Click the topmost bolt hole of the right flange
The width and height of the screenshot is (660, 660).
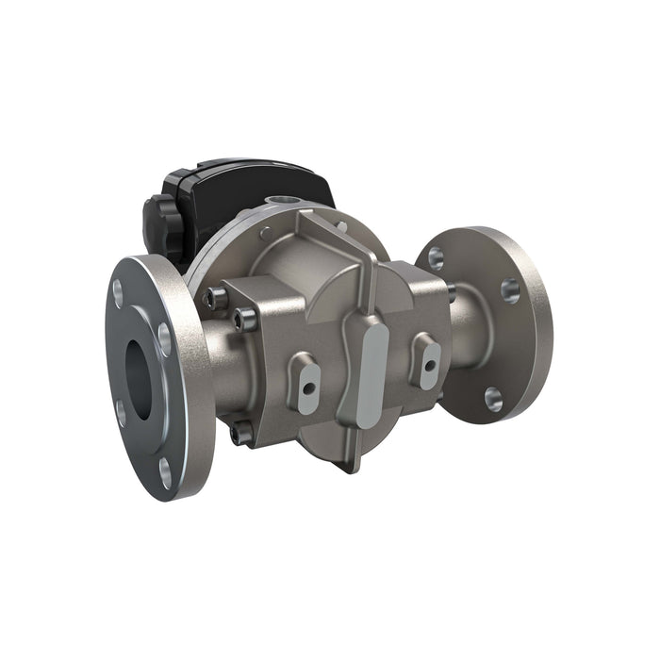pos(436,255)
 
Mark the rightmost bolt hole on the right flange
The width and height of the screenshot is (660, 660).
pos(510,289)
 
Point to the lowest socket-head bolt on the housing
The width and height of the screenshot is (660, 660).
pos(242,433)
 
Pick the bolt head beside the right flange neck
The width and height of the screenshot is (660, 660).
pos(451,292)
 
